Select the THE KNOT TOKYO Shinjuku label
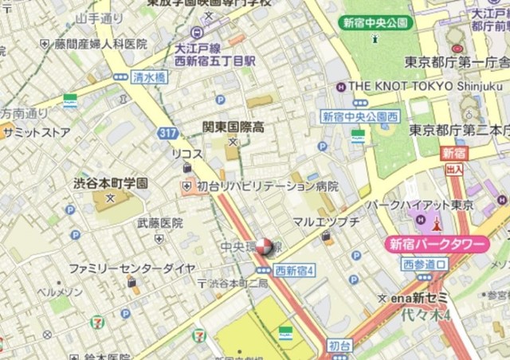[426, 85]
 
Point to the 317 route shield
[167, 132]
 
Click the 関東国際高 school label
[233, 127]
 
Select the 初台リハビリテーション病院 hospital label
[267, 186]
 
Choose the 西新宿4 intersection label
[295, 271]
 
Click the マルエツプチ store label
[326, 221]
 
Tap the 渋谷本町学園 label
[111, 182]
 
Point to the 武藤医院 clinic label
[160, 224]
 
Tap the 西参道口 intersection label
[424, 264]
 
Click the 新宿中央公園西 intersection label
[360, 116]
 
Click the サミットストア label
[36, 133]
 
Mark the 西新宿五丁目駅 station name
[215, 60]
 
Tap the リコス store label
[186, 153]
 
